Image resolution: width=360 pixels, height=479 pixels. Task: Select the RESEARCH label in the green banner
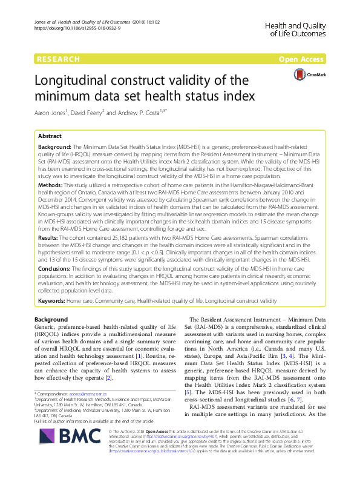pyautogui.click(x=58, y=59)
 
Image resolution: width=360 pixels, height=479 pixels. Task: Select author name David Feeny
pyautogui.click(x=105, y=113)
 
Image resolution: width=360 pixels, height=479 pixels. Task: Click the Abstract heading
pyautogui.click(x=50, y=137)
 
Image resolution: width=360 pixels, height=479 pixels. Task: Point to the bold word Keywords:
pyautogui.click(x=53, y=300)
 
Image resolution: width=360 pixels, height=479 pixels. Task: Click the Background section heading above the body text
pyautogui.click(x=51, y=319)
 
